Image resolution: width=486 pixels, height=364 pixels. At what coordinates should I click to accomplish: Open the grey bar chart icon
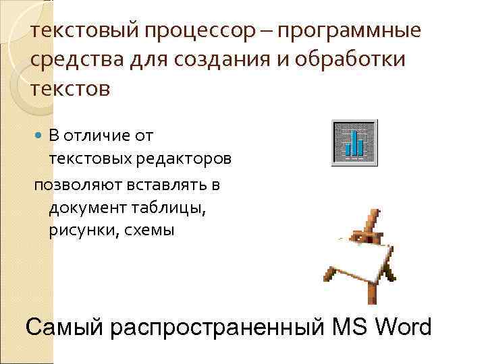[x=354, y=142]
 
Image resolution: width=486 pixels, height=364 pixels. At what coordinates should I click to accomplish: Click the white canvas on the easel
[x=365, y=259]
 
